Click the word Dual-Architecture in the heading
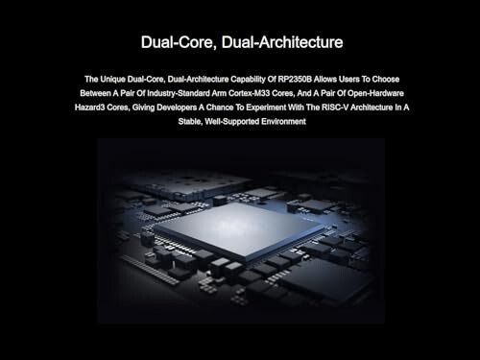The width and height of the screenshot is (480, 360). (x=282, y=42)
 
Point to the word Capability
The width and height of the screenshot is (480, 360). (x=248, y=80)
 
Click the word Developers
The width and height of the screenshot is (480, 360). (x=177, y=108)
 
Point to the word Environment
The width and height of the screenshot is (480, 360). (x=283, y=121)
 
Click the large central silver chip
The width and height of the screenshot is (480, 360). (x=239, y=229)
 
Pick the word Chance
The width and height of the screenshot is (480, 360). (x=221, y=108)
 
